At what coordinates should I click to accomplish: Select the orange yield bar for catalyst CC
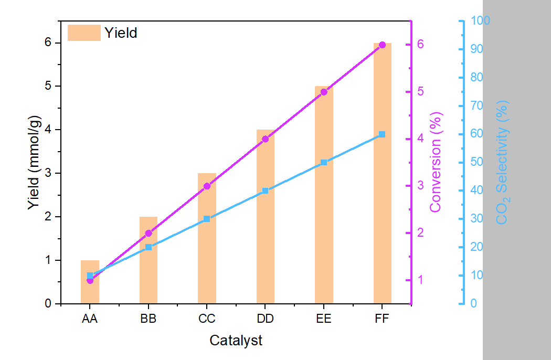(207, 252)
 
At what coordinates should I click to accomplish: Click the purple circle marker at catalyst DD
(265, 139)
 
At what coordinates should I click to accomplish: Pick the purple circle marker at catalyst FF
(382, 45)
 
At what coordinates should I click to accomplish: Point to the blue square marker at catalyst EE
(324, 163)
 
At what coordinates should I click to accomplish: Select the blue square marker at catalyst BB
(149, 247)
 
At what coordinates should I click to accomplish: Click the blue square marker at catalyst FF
(382, 135)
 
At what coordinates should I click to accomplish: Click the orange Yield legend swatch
(83, 33)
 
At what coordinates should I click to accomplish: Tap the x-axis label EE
(324, 319)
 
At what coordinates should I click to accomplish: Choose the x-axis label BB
(149, 319)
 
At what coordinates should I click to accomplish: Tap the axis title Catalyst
(236, 341)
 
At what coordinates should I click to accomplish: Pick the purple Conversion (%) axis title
(436, 163)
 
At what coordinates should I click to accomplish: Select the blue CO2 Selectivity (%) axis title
(503, 163)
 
